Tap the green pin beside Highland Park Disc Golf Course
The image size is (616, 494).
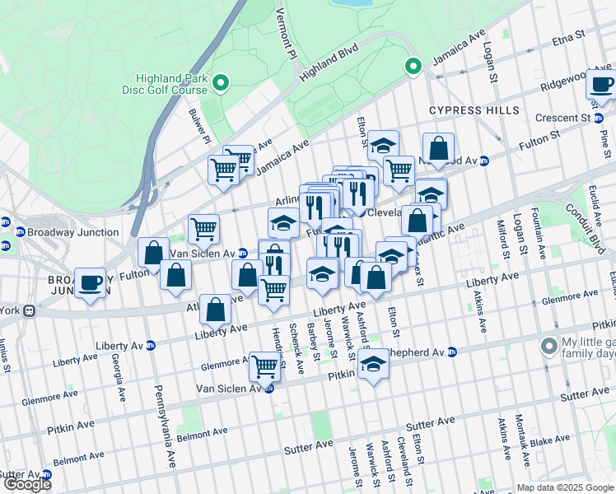pyautogui.click(x=220, y=82)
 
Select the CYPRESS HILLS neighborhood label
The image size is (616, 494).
pyautogui.click(x=474, y=110)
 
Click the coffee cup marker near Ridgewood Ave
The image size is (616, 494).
pyautogui.click(x=602, y=83)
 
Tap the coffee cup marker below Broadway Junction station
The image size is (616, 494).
pyautogui.click(x=91, y=282)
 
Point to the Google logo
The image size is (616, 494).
pyautogui.click(x=27, y=484)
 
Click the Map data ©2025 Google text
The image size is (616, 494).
pyautogui.click(x=564, y=487)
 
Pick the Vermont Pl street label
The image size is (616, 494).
pyautogui.click(x=285, y=29)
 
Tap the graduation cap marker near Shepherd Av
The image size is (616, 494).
pyautogui.click(x=373, y=364)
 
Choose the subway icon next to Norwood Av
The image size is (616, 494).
pyautogui.click(x=485, y=161)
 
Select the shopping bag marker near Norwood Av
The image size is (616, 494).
pyautogui.click(x=439, y=149)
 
